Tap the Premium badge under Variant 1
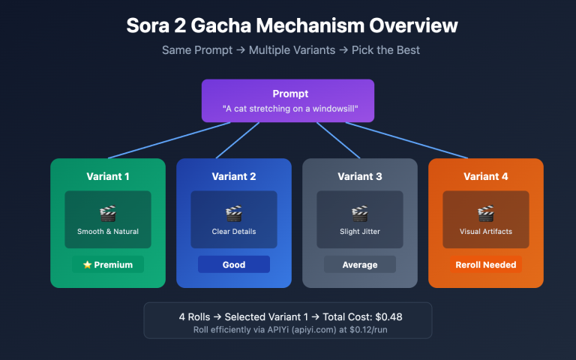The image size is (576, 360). point(108,265)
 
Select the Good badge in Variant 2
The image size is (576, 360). point(234,265)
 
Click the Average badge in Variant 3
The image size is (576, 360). point(360,265)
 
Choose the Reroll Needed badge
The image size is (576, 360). point(486,265)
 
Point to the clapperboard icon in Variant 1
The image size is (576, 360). point(108,213)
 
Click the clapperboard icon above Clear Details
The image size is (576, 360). point(234,213)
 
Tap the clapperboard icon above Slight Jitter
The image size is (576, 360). point(360,213)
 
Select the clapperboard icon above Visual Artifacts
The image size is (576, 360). point(486,213)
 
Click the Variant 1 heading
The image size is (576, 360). point(108,177)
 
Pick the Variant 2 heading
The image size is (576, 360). point(234,177)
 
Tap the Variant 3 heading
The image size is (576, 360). point(360,177)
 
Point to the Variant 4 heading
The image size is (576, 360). point(486,177)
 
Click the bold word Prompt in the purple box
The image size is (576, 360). point(288,94)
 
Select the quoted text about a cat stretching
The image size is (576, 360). point(288,109)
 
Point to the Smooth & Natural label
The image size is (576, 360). point(108,232)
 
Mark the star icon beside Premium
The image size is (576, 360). point(88,265)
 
